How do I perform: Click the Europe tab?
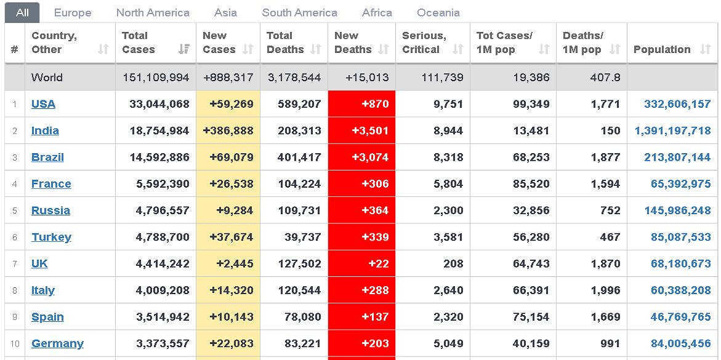coord(73,12)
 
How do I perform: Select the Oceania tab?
coord(438,12)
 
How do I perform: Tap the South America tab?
coord(299,12)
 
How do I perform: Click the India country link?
coord(45,130)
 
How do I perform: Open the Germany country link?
coord(57,343)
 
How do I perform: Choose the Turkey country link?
coord(51,237)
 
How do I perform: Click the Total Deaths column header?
coord(285,42)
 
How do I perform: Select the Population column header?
coord(662,49)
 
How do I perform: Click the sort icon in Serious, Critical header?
coord(457,49)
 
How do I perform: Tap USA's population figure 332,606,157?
coord(677,104)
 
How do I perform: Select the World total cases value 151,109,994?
coord(156,78)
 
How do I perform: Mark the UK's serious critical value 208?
coord(453,263)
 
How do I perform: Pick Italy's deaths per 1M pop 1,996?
coord(605,290)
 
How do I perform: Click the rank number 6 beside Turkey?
coord(14,237)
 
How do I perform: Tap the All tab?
coord(22,12)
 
